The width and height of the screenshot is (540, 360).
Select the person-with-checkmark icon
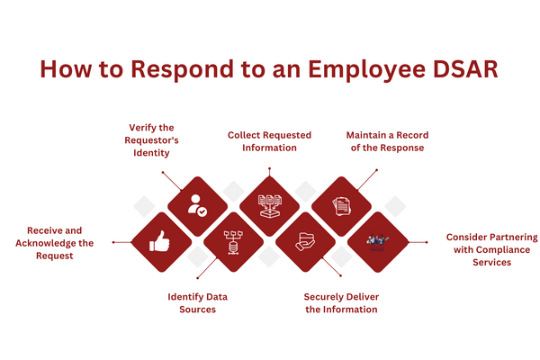(x=197, y=206)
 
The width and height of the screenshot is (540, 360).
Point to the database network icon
(x=233, y=241)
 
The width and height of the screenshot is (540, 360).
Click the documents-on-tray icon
(x=269, y=206)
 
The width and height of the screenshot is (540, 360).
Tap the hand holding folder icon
(x=305, y=241)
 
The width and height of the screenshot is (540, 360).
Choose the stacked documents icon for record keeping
(x=341, y=206)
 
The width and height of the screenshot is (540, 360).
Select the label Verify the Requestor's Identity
(x=150, y=140)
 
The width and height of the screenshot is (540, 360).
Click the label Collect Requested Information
(x=269, y=141)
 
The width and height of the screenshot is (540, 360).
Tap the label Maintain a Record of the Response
(x=386, y=141)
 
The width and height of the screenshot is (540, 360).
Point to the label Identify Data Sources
(x=192, y=302)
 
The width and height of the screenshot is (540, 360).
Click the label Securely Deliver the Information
(x=340, y=302)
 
